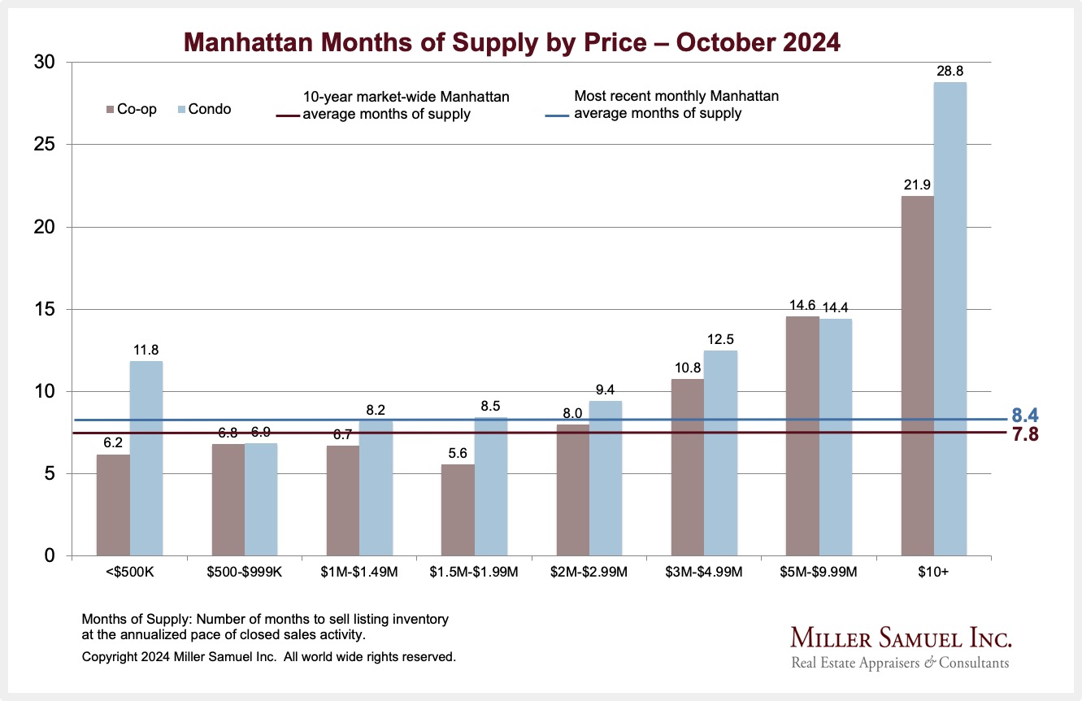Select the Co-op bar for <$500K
[x=113, y=505]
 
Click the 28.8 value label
[x=950, y=72]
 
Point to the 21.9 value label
[x=917, y=185]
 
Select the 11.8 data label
[x=146, y=350]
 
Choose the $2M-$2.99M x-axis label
[x=589, y=573]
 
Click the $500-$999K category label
[x=244, y=573]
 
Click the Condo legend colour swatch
[x=181, y=109]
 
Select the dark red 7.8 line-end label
[x=1025, y=434]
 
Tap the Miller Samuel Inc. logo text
[x=900, y=637]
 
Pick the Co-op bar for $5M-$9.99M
[x=802, y=436]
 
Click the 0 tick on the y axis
[x=50, y=556]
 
